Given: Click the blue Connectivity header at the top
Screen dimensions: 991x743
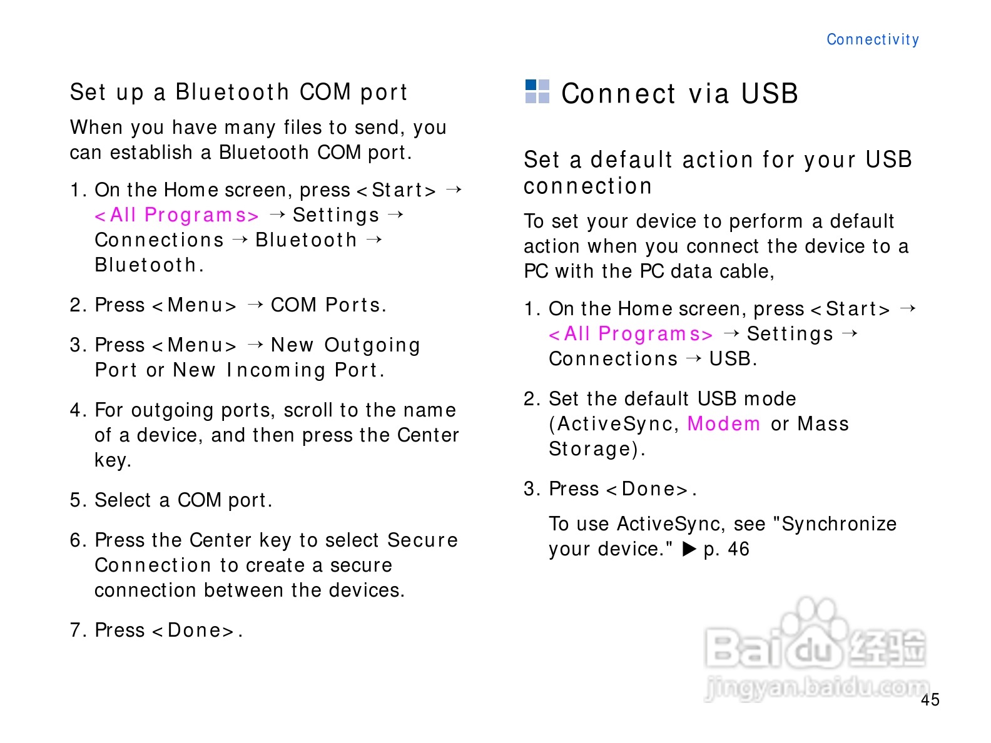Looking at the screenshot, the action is coord(873,39).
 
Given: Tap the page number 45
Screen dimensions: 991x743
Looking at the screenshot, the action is coord(930,700).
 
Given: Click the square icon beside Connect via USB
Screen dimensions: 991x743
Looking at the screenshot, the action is coord(537,91).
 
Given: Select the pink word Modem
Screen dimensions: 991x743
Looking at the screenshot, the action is coord(724,423).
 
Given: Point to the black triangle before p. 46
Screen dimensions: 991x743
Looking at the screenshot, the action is coord(689,549).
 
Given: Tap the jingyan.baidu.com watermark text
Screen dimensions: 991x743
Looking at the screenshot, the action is coord(816,688).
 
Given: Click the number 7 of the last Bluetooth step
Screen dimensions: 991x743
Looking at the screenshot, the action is coord(75,630).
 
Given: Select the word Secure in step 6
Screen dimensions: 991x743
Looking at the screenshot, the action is coord(422,540).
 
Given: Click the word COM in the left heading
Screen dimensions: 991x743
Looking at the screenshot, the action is coord(325,92).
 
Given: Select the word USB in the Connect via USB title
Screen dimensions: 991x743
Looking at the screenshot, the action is coord(770,94).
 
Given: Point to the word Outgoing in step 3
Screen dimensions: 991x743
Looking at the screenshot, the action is coord(372,346).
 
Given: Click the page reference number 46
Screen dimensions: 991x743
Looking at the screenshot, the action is coord(739,549).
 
